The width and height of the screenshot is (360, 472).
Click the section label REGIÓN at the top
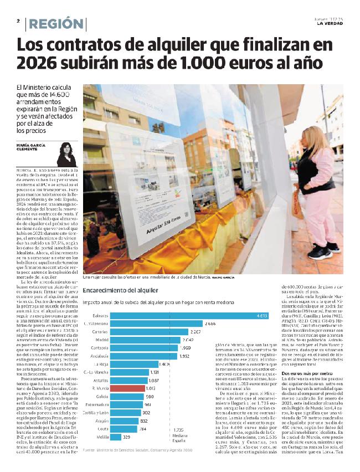[x=55, y=24]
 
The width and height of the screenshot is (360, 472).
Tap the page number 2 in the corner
[x=18, y=21]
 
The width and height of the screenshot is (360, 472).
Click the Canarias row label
[x=97, y=331]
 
